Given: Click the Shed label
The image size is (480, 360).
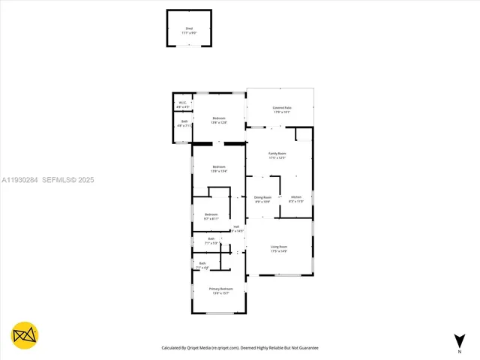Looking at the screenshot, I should [x=189, y=28].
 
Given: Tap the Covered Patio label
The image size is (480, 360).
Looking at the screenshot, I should [x=281, y=109].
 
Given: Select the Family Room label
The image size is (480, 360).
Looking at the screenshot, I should [x=277, y=154].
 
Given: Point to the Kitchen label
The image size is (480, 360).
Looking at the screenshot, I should [x=295, y=197].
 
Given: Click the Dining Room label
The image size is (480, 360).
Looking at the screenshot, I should [x=262, y=197].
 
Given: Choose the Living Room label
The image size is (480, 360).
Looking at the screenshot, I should [x=279, y=247].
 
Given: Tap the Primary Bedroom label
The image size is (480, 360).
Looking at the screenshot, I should [x=220, y=289].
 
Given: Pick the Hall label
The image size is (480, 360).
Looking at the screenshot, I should [x=236, y=227].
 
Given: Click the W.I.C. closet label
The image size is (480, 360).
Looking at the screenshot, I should [x=182, y=103].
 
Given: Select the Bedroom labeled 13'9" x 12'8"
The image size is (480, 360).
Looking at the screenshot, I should [x=219, y=118].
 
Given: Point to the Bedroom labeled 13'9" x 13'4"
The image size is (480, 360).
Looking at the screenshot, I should [x=219, y=166].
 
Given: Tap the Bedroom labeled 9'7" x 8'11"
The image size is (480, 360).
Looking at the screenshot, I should [x=211, y=214].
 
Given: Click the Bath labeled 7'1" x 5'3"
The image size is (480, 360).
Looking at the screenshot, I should [x=211, y=240].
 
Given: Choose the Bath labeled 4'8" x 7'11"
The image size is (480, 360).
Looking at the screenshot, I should [x=184, y=121].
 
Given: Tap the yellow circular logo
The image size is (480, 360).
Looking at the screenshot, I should [x=25, y=335].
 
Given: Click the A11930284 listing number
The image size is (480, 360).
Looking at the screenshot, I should [x=19, y=180].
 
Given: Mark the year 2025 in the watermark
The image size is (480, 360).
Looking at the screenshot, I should [x=86, y=180].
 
